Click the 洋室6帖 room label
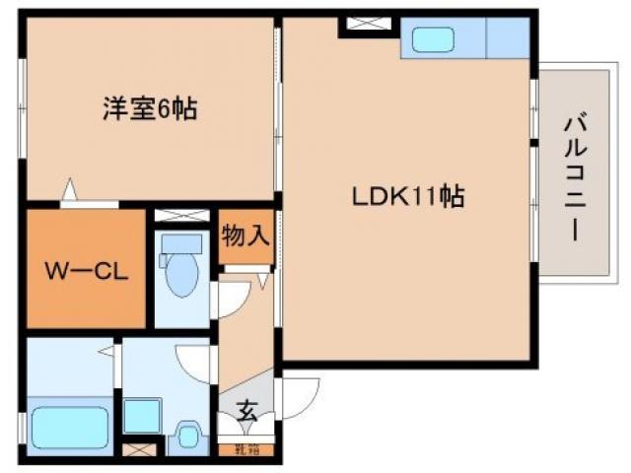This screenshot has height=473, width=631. coord(149,108)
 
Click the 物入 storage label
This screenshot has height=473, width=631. coord(245,236)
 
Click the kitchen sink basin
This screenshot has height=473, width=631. coord(431,40)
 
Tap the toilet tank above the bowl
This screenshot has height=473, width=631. coord(180,243)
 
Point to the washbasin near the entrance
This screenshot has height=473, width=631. coord(189,433)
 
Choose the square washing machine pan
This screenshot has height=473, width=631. coord(142,416)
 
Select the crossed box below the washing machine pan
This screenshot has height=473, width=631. coord(142,450)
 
